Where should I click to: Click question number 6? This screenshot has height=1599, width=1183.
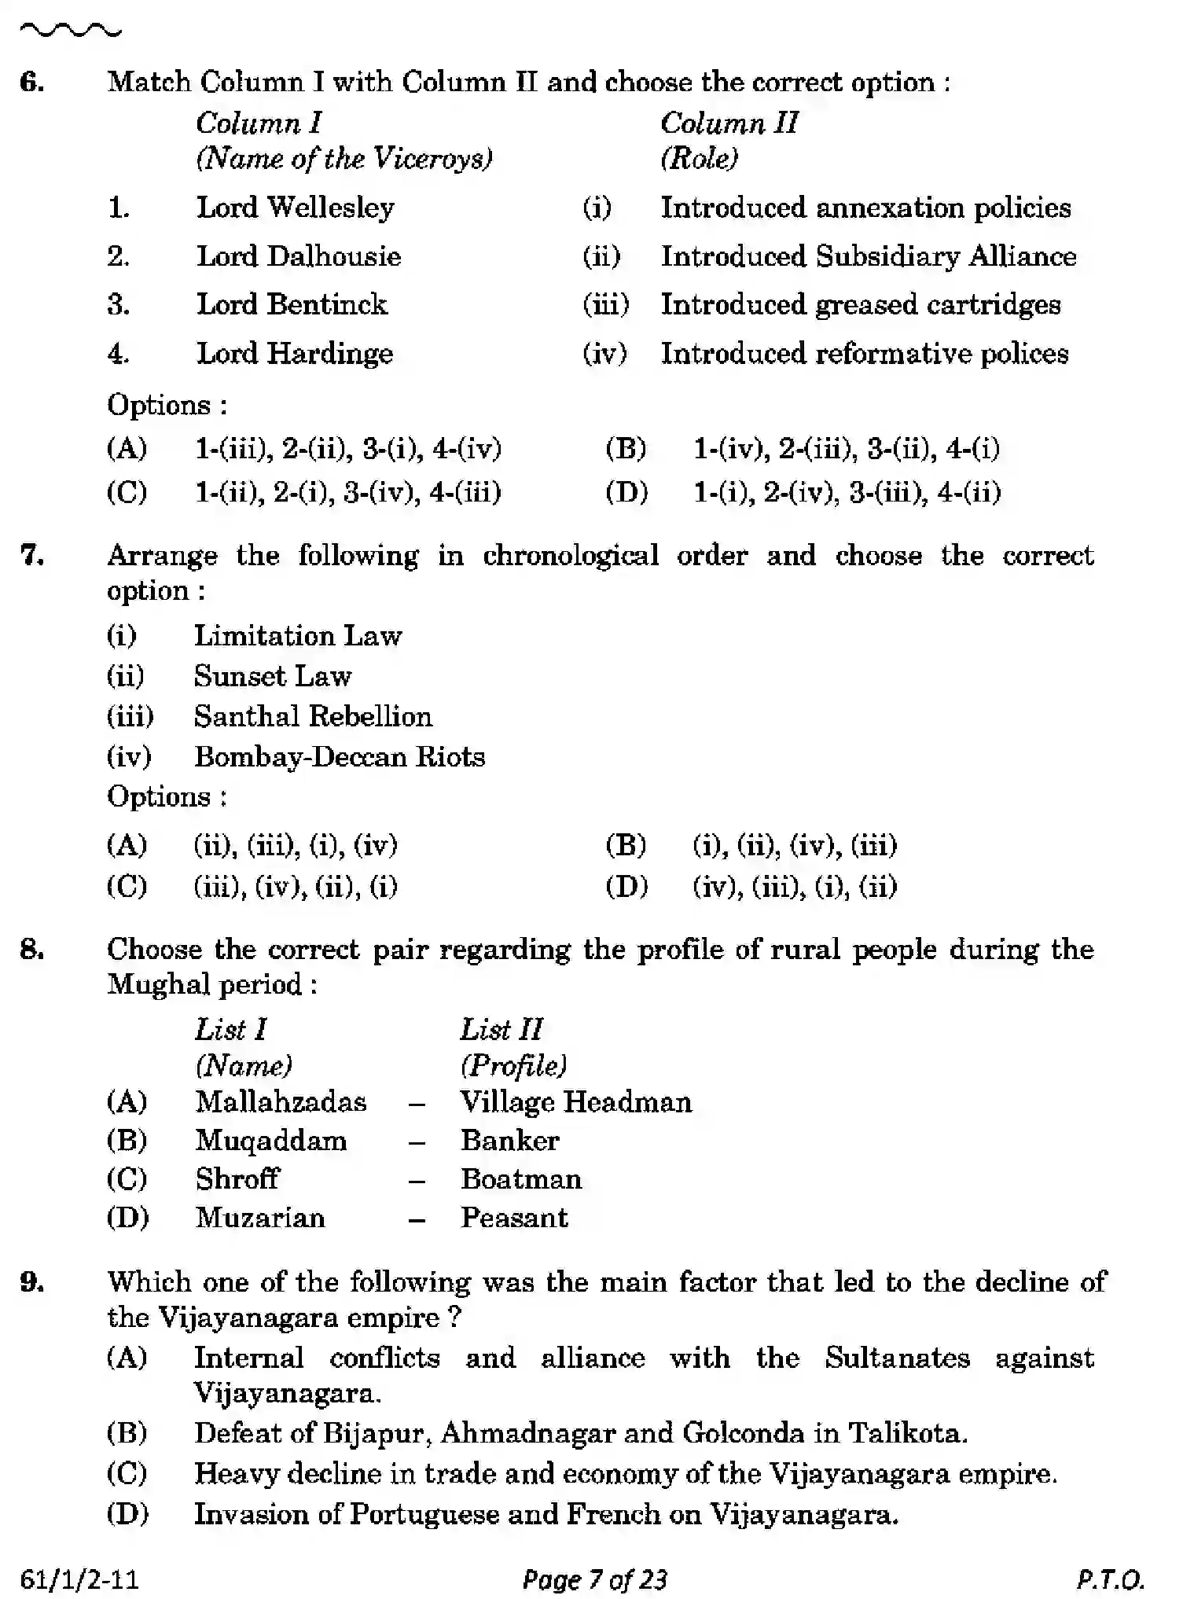click(x=32, y=82)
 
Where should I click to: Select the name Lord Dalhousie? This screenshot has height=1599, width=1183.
click(x=298, y=256)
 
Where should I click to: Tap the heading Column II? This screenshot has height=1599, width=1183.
click(x=729, y=123)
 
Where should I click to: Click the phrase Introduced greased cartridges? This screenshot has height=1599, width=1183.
click(x=860, y=305)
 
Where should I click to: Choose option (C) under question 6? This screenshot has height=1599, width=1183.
click(x=127, y=493)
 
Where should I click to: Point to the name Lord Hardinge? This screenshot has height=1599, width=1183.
click(x=294, y=354)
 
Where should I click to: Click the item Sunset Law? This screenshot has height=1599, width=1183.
click(x=272, y=676)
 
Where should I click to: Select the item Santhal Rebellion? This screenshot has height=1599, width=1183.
click(x=312, y=716)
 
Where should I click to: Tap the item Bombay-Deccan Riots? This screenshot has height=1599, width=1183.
click(x=339, y=757)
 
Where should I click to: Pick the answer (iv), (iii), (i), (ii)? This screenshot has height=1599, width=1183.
click(x=794, y=887)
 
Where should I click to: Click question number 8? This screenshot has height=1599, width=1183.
click(x=32, y=950)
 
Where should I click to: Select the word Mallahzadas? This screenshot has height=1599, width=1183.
click(x=281, y=1102)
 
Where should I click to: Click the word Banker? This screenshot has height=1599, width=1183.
click(x=509, y=1141)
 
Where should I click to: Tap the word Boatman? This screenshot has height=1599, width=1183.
click(x=520, y=1179)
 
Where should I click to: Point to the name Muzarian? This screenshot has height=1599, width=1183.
click(x=259, y=1218)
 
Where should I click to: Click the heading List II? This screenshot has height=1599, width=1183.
click(x=501, y=1029)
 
